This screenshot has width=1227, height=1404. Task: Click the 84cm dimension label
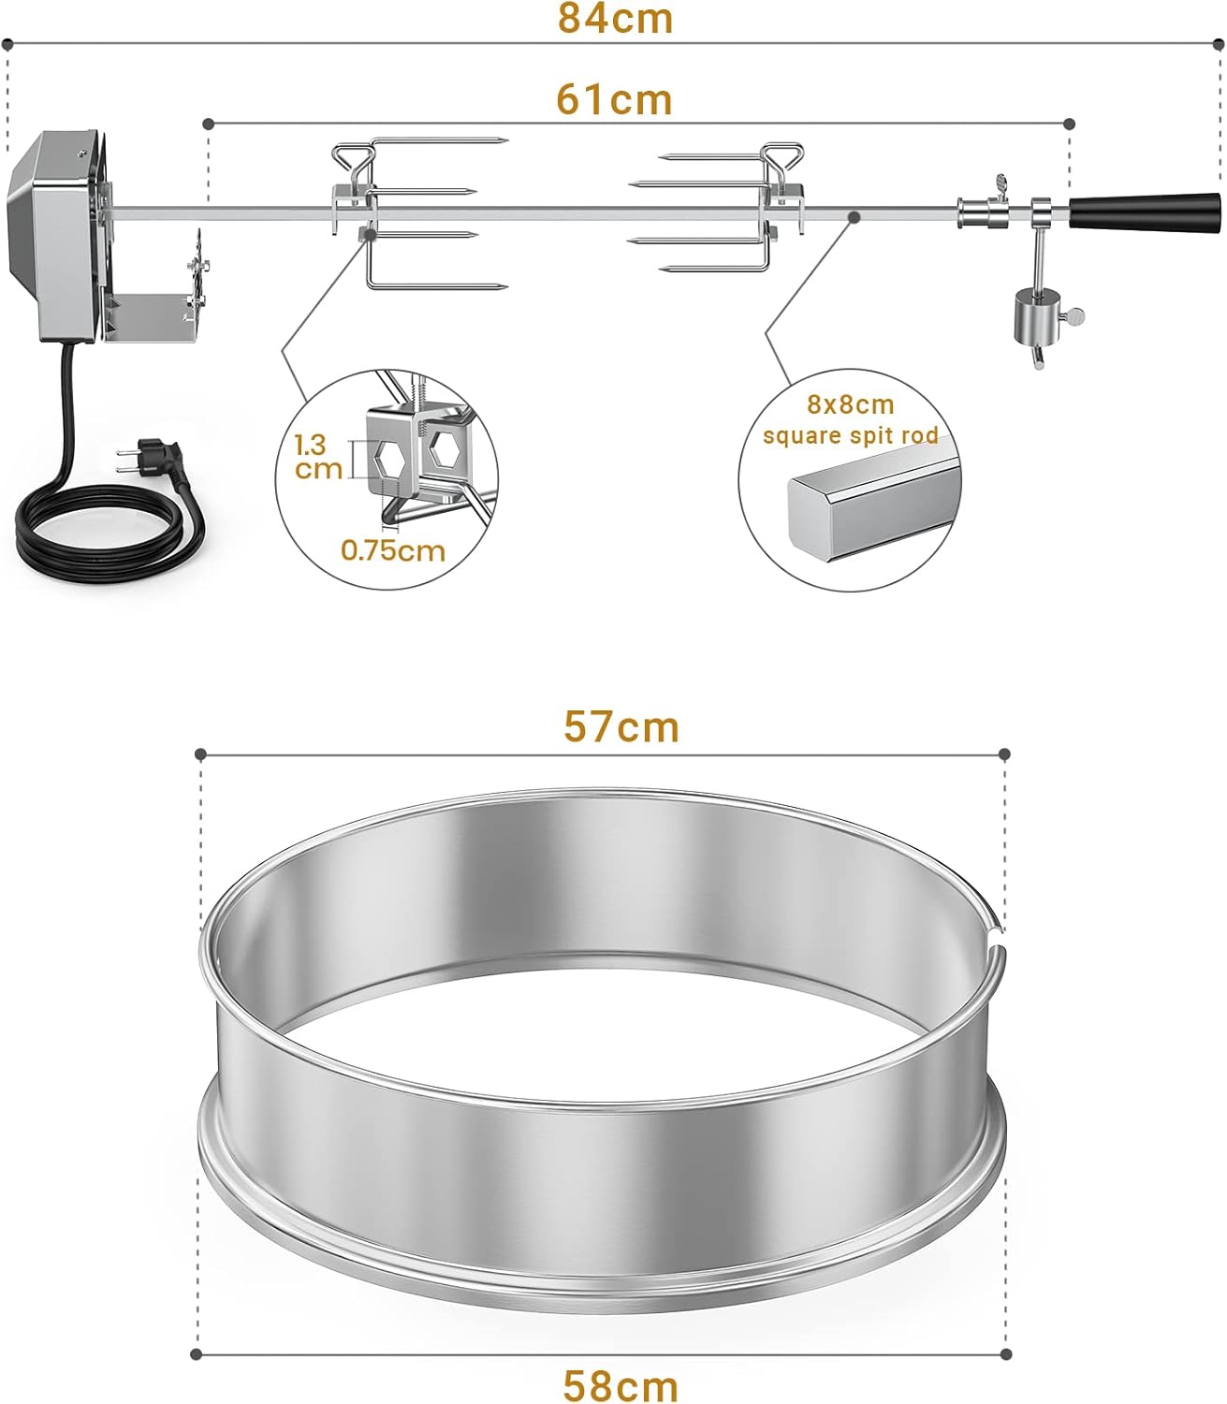click(x=615, y=19)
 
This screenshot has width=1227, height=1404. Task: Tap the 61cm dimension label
click(x=614, y=99)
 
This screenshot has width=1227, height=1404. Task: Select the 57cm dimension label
click(x=621, y=727)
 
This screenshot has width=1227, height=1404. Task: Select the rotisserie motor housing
click(x=56, y=234)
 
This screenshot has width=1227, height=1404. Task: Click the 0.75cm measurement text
click(x=393, y=549)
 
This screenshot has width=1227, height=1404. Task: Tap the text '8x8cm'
click(x=850, y=405)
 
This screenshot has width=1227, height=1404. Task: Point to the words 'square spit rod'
click(x=850, y=435)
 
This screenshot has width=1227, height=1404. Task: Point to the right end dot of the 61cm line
click(x=1071, y=124)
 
